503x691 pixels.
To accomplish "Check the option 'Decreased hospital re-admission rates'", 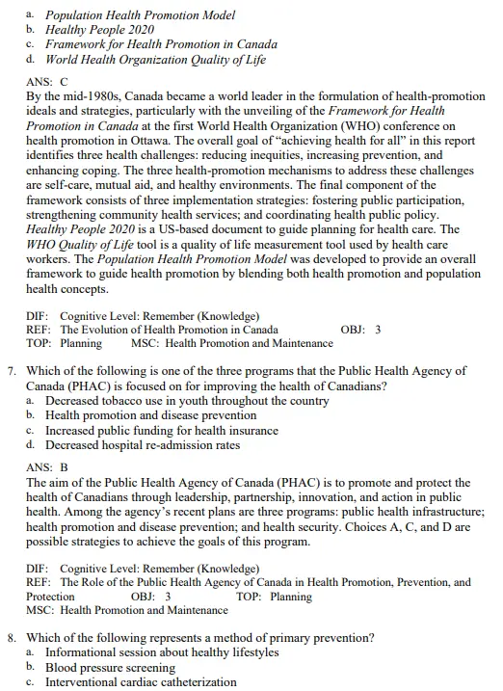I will [x=133, y=445].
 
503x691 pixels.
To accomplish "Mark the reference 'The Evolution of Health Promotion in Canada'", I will [x=170, y=329].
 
